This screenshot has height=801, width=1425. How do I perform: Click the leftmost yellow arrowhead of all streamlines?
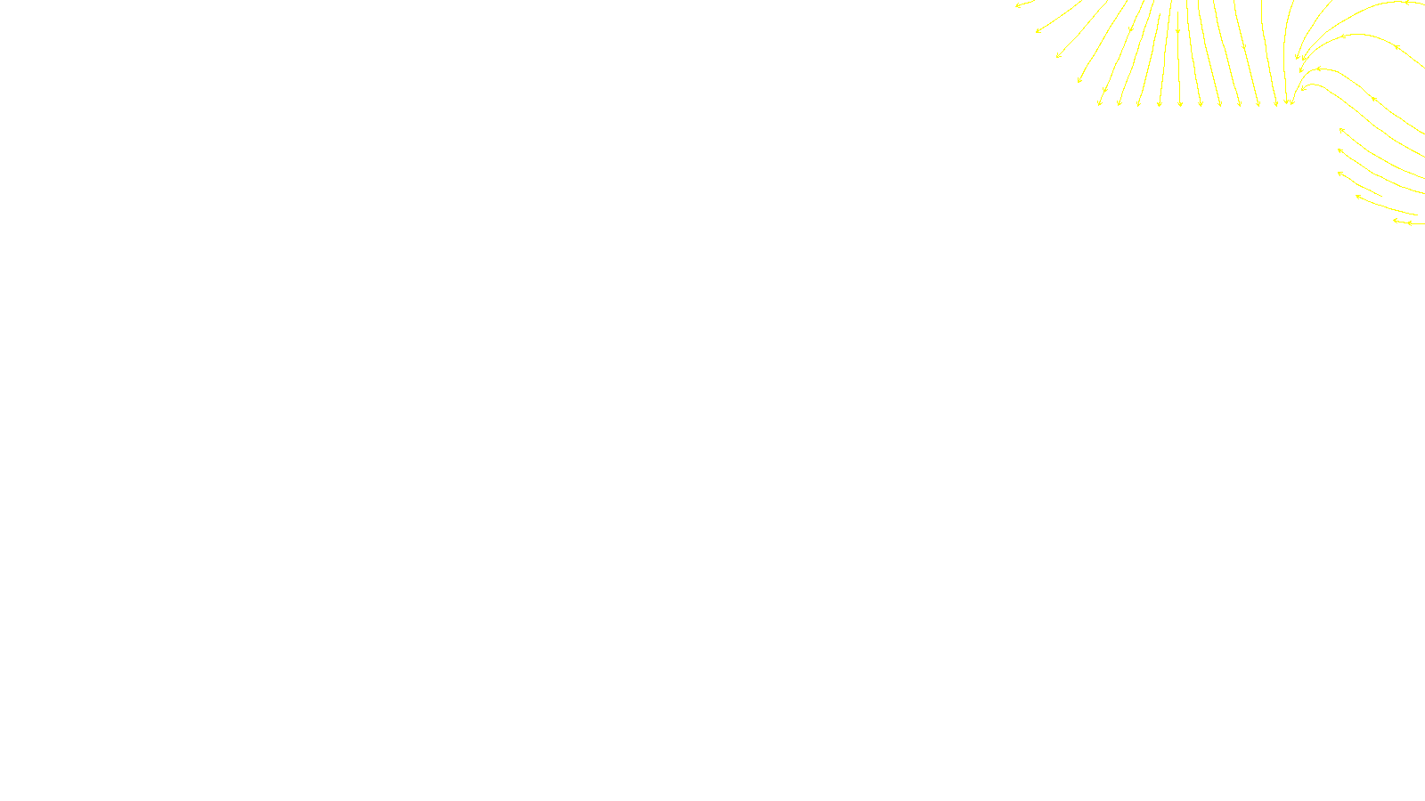(x=1017, y=5)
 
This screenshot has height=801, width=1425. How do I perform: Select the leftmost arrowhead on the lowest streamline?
(x=1396, y=221)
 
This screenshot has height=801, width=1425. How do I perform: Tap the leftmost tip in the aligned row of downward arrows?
(x=1099, y=104)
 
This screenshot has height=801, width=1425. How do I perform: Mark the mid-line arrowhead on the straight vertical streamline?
(x=1178, y=32)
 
